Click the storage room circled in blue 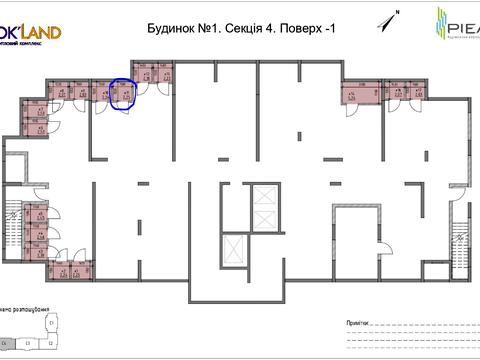[x=123, y=93]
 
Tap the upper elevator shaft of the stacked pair [x=264, y=196]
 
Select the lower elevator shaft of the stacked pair [x=264, y=219]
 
